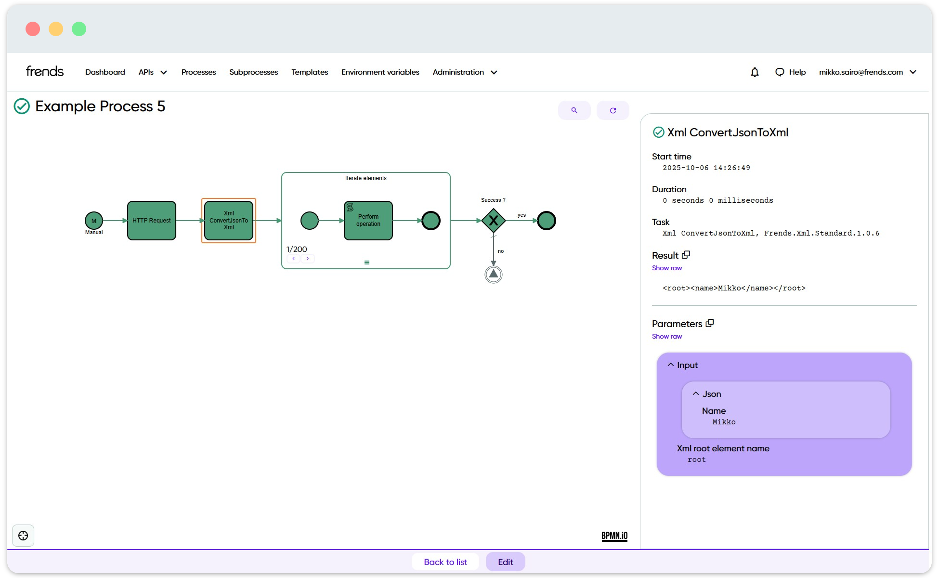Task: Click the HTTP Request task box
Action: (152, 221)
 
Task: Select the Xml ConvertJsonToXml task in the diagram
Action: (229, 221)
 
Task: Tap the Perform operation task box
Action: (368, 221)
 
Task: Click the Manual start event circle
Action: (94, 221)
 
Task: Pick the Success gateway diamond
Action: (494, 221)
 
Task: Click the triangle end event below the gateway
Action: (494, 275)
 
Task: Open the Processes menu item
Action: (198, 72)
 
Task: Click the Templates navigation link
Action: (310, 72)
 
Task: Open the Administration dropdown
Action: (465, 72)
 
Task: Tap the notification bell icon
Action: (755, 72)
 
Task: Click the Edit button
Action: (505, 562)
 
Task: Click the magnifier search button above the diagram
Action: (574, 110)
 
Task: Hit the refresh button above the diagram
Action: (613, 110)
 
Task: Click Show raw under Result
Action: (667, 268)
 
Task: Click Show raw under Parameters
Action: (667, 337)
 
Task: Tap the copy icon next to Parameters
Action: (710, 323)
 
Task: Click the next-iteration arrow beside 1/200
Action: (308, 259)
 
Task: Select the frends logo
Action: (45, 72)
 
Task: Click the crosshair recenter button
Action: (23, 536)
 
